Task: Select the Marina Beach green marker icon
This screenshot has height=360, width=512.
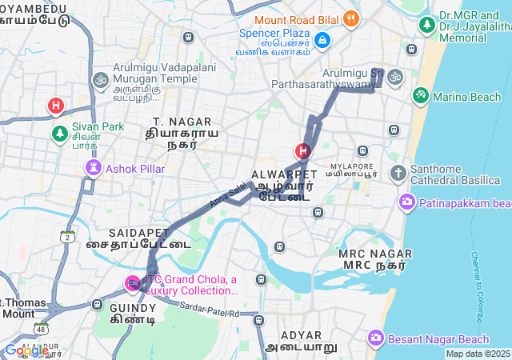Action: coord(420,96)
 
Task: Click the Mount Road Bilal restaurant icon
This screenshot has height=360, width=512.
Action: coord(350,18)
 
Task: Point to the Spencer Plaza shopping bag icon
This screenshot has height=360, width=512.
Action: coord(322,38)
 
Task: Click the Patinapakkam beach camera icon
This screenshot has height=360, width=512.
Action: coord(407,202)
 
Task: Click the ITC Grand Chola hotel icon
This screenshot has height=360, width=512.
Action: coord(133,282)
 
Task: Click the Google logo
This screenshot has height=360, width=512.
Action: coord(26,350)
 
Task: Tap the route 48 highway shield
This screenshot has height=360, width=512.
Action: coord(40,329)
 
